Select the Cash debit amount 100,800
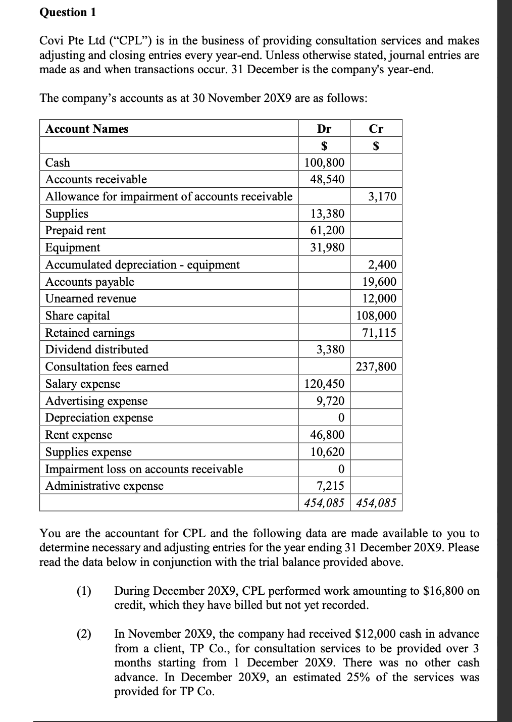point(324,163)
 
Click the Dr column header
point(324,129)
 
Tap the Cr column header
point(376,129)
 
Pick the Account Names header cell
point(87,129)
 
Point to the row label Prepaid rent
point(76,231)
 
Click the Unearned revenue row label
point(91,298)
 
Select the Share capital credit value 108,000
point(376,316)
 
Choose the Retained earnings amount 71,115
point(379,333)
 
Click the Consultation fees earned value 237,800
point(376,367)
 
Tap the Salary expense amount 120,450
point(324,384)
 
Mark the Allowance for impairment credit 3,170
point(382,196)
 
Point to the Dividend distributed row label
point(97,349)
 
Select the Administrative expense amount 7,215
point(330,486)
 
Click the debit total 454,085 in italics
point(324,503)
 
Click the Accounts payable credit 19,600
point(379,282)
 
